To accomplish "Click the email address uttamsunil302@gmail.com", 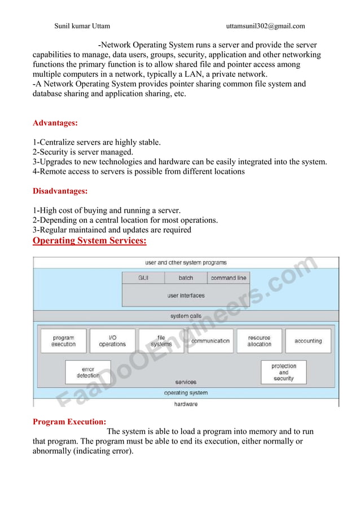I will (265, 25).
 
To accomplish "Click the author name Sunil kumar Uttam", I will (82, 25).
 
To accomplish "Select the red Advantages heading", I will (55, 123).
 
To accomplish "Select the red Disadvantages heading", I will (60, 191).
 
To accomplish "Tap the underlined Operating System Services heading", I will (90, 241).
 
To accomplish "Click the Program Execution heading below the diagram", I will (69, 422).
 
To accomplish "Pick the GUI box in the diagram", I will (143, 278).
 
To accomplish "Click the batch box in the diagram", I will (186, 278).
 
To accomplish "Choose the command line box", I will (228, 278).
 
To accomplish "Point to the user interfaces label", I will (186, 295).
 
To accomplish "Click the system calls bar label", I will (187, 316).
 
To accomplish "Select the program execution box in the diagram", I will (63, 341).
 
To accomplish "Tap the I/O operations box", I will (112, 341).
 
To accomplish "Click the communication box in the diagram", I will (210, 341).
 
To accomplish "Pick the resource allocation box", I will (259, 341).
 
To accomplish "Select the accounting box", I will (308, 341).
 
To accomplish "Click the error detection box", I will (88, 372).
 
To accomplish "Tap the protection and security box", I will (283, 372).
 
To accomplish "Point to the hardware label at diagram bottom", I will (186, 404).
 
